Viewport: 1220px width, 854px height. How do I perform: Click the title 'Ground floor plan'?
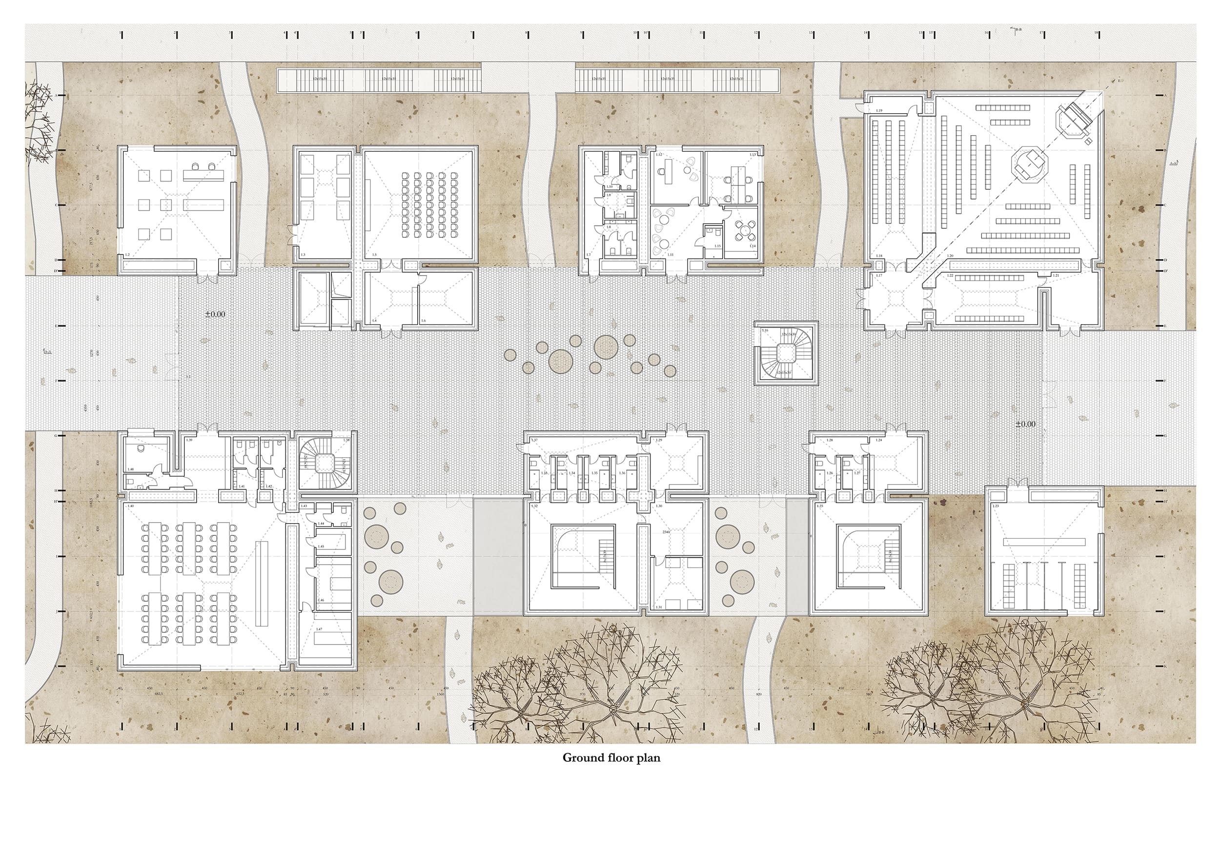pos(611,758)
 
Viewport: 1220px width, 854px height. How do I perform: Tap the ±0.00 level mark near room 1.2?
pos(215,314)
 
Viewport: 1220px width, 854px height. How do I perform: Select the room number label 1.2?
pos(127,255)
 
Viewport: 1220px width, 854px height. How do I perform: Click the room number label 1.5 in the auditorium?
pos(374,255)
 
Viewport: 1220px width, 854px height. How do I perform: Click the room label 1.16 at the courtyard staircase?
pos(765,330)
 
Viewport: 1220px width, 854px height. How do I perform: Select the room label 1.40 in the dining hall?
pos(131,506)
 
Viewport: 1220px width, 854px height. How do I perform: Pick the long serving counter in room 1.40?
pos(262,584)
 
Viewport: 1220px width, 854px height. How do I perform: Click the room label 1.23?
pos(996,506)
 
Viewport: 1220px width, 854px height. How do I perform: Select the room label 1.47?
pos(319,629)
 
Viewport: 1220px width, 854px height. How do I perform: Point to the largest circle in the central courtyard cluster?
pos(604,346)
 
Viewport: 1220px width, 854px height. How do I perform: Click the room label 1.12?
pos(658,155)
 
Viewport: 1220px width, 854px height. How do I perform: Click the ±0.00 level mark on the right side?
pos(1025,424)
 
